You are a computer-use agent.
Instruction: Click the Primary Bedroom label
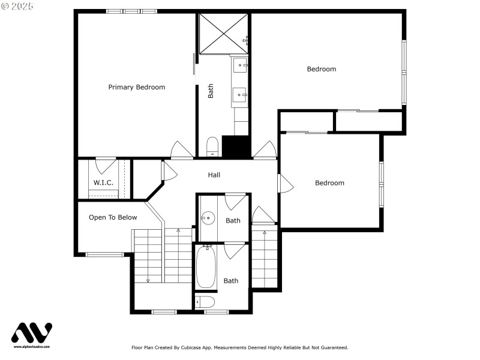136,87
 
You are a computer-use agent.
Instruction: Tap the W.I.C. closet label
103,182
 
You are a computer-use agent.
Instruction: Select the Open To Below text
113,217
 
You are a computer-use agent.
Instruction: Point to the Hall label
214,175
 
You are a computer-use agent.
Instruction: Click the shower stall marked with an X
223,32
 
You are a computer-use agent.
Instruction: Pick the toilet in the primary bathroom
212,146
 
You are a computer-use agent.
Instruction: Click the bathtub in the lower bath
206,268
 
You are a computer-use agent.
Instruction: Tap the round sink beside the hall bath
209,218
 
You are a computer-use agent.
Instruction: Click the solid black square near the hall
236,147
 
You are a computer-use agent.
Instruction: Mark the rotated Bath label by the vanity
211,91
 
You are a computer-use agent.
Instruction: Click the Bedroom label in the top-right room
321,69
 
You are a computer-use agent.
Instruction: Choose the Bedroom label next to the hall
329,183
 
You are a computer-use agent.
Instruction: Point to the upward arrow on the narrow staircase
265,233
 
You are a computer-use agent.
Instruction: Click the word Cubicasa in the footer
187,347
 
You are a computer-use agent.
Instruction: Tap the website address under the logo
32,347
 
